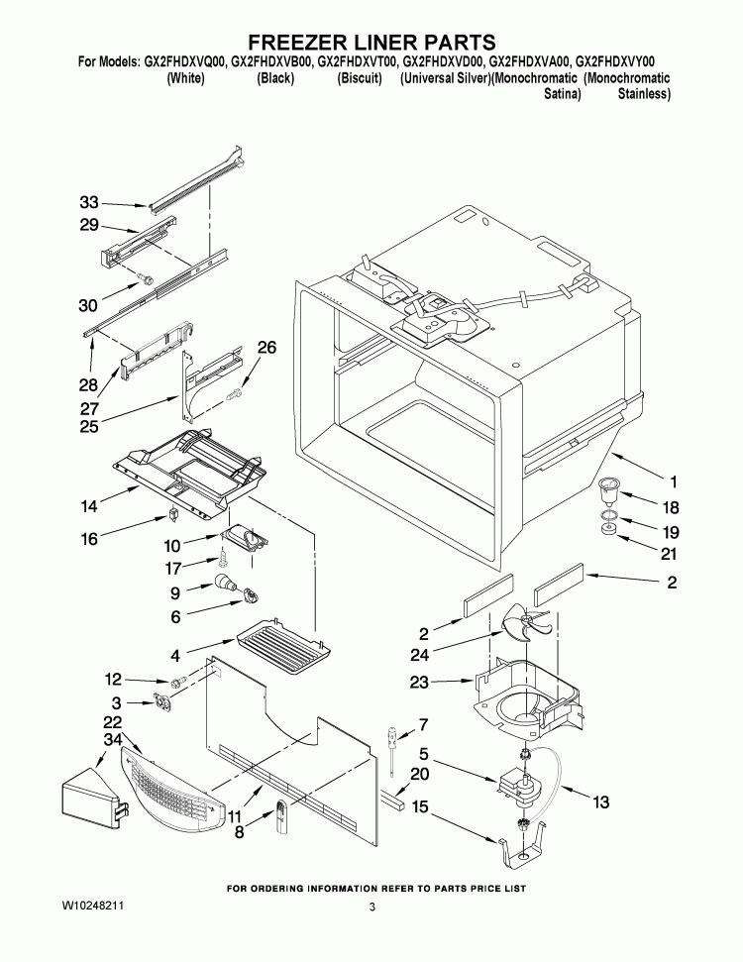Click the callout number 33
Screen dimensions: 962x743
pos(90,202)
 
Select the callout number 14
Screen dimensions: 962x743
pos(90,506)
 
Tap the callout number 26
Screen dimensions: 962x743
pos(266,347)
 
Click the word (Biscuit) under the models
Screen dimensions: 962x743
pos(360,77)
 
